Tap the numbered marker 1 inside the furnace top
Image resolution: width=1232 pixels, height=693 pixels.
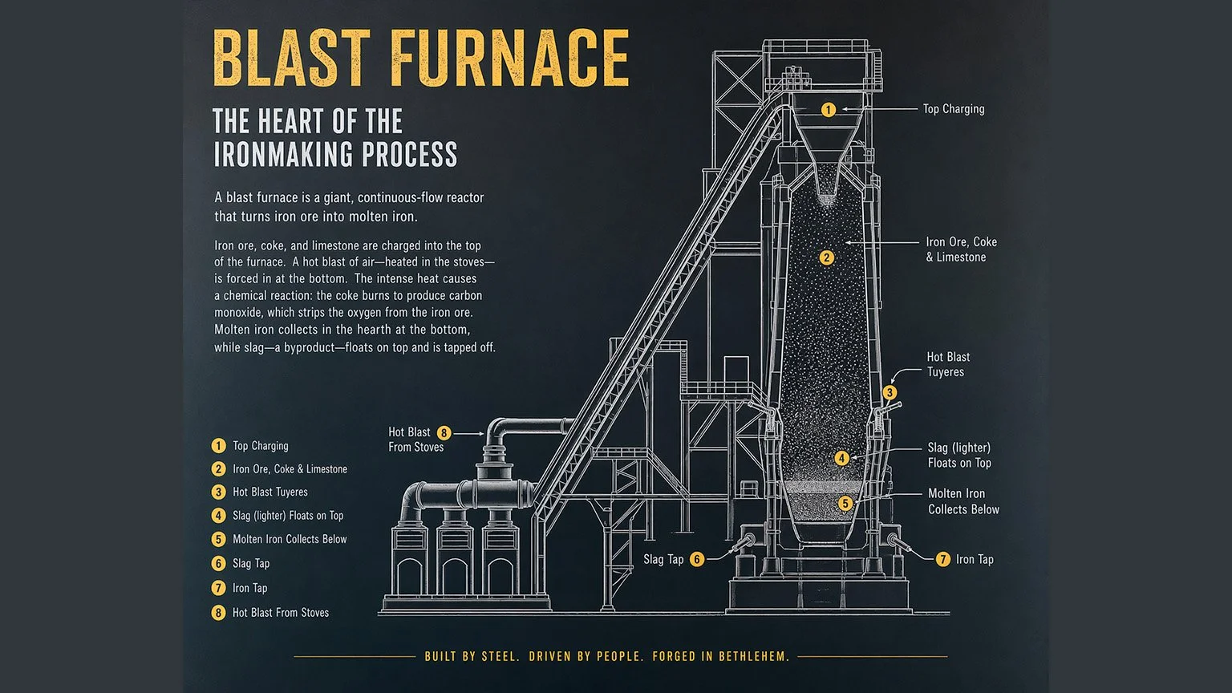coord(829,109)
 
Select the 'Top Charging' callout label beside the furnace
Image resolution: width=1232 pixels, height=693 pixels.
coord(954,109)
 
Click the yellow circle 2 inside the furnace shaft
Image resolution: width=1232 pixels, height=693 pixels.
coord(826,257)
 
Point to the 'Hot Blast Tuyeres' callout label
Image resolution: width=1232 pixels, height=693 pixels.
coord(948,364)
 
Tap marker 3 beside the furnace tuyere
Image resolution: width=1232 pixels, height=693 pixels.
coord(890,393)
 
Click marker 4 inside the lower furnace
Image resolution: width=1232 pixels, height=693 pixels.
coord(841,458)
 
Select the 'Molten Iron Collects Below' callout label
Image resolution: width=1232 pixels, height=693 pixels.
coord(963,501)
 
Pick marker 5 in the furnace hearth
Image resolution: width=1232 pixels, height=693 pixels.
coord(845,503)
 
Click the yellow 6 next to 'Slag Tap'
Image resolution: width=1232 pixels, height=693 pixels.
coord(697,559)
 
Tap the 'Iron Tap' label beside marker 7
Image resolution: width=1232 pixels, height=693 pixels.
coord(975,559)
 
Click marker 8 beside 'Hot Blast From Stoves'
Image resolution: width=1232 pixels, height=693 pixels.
coord(444,433)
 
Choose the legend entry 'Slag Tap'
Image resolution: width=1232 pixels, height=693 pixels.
coord(251,563)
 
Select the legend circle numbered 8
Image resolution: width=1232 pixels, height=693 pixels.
coord(218,613)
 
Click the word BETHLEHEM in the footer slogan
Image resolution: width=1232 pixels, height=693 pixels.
coord(754,656)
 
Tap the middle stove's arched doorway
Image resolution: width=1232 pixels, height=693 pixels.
coord(455,576)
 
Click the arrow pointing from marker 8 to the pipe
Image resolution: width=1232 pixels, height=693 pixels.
coord(468,433)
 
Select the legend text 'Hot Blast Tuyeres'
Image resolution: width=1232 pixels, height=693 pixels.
coord(270,492)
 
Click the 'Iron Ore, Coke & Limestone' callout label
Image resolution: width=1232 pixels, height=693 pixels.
coord(961,249)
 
